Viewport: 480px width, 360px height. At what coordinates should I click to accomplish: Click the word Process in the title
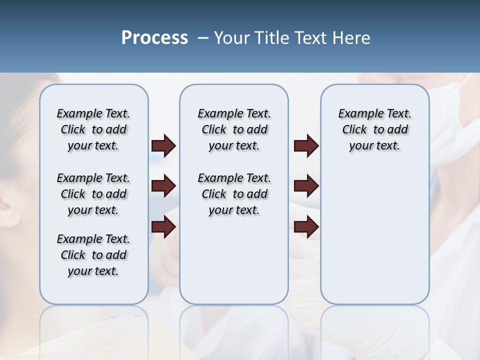(154, 38)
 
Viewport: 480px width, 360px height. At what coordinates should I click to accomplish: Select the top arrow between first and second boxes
(163, 145)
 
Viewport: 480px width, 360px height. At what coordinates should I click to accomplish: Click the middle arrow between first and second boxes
(163, 186)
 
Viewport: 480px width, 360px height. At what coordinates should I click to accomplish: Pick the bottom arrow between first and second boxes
(163, 227)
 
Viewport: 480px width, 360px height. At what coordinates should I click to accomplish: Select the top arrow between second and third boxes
(306, 145)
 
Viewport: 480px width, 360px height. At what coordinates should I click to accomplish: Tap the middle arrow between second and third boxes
(306, 186)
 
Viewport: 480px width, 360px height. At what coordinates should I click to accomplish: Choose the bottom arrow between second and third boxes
(306, 227)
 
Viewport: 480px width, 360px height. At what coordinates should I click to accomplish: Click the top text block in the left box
(93, 129)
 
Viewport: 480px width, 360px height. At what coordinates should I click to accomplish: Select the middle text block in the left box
(93, 194)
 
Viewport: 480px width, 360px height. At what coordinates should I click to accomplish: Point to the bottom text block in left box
(93, 255)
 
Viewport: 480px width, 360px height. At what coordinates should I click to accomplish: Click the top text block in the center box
(234, 129)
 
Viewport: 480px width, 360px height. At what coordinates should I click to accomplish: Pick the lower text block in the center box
(234, 194)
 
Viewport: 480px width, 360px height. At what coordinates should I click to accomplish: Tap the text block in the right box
(374, 129)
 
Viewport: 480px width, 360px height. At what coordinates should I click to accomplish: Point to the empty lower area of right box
(374, 235)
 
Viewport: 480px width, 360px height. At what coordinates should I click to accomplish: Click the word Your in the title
(231, 38)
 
